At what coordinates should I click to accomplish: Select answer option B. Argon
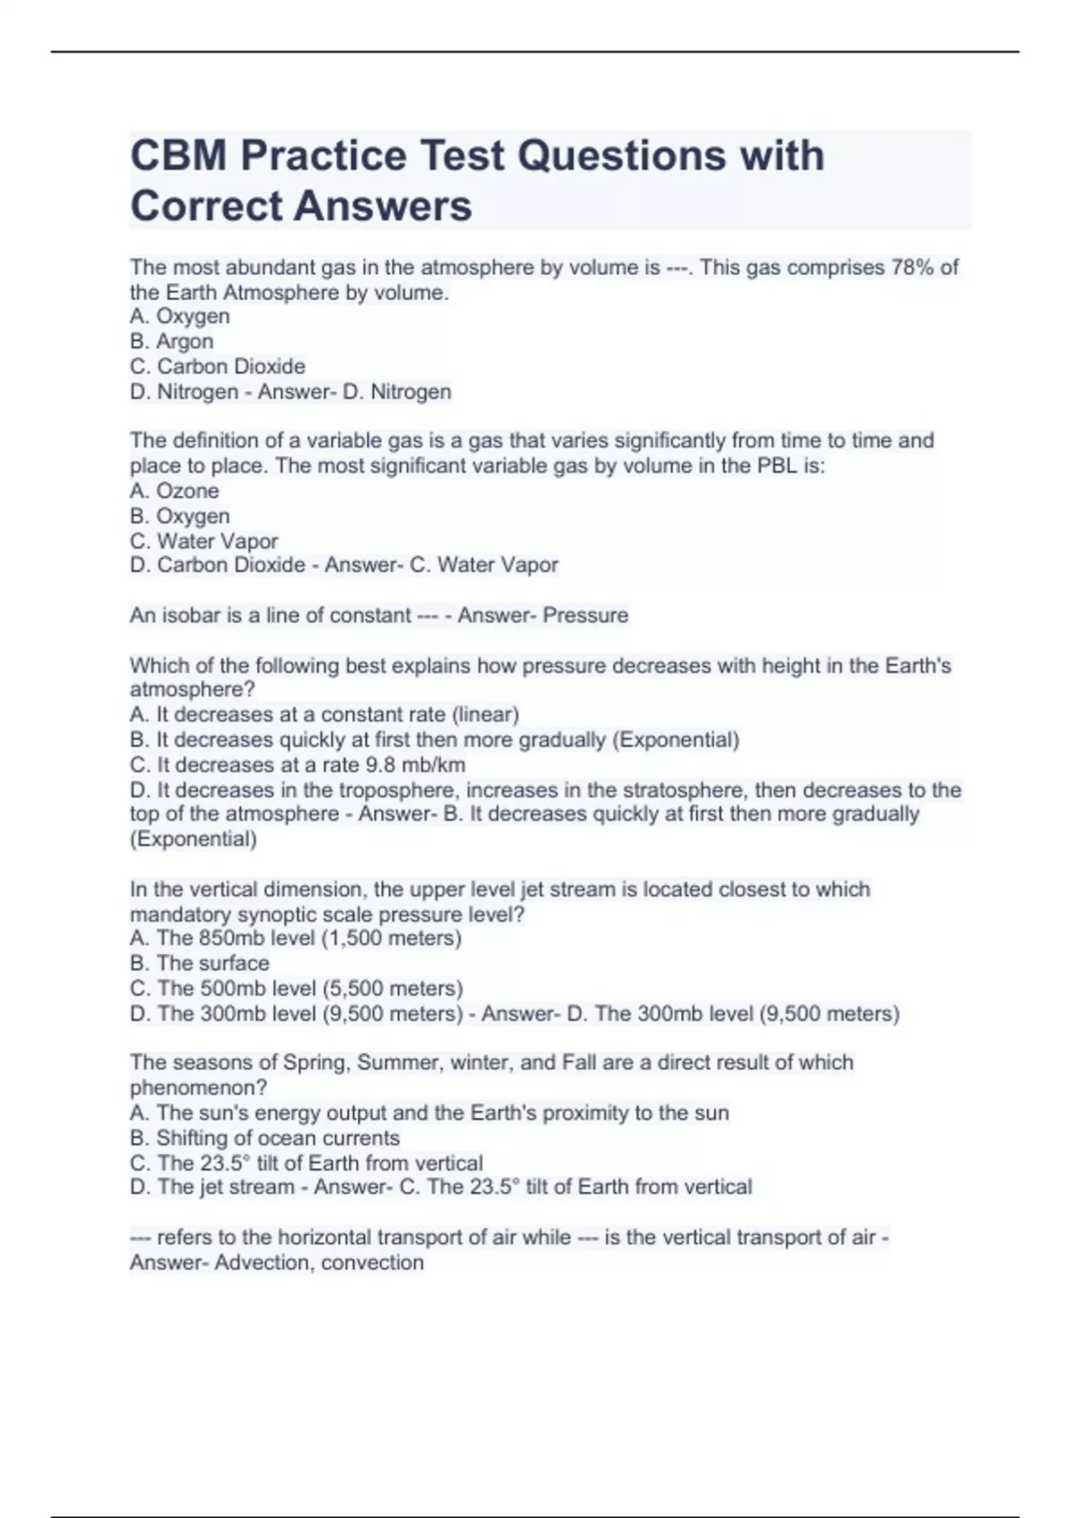tap(171, 341)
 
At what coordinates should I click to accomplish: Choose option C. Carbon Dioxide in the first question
tap(218, 366)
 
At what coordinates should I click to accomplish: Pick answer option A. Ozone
tap(174, 490)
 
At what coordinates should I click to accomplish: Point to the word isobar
tap(185, 615)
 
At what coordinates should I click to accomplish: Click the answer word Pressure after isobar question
tap(585, 615)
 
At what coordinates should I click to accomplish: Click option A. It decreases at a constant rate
tap(324, 714)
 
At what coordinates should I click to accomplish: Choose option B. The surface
tap(199, 963)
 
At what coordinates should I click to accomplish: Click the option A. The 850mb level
tap(295, 938)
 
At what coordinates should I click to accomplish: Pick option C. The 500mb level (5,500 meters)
tap(296, 988)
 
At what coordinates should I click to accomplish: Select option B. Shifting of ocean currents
tap(264, 1138)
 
